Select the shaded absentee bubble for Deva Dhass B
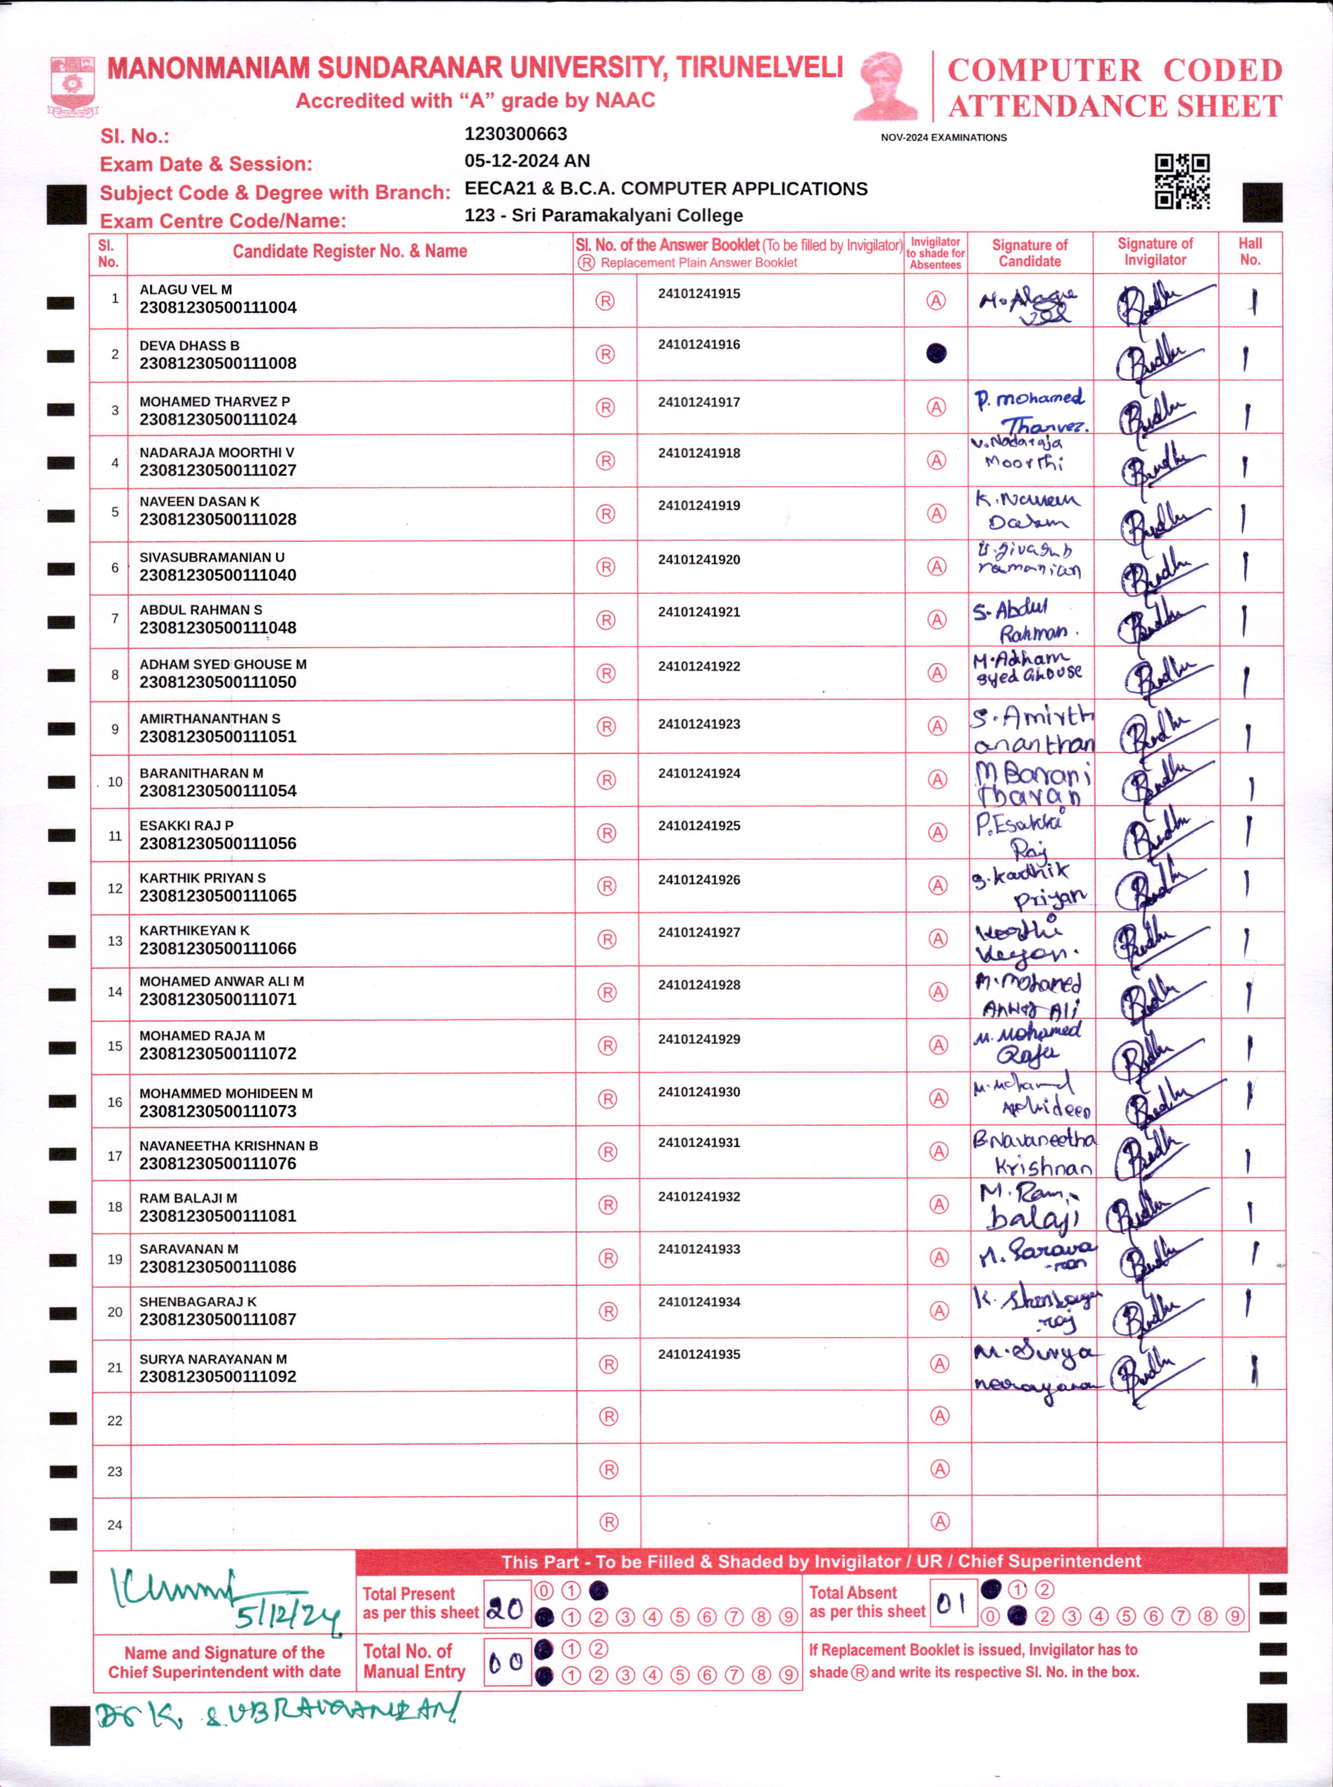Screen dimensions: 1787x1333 (936, 353)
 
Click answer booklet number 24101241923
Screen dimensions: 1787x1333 (699, 724)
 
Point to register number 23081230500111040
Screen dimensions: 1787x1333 (218, 575)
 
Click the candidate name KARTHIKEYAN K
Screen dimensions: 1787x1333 (194, 931)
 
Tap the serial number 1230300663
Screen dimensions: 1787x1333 (516, 134)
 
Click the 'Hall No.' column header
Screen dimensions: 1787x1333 (1250, 252)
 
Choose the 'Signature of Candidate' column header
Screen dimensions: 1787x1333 (1029, 253)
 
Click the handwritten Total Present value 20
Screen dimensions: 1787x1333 (506, 1610)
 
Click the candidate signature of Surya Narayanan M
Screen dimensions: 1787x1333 (1034, 1370)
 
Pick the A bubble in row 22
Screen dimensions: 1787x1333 (939, 1416)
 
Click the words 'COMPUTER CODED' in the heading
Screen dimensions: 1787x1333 (1114, 71)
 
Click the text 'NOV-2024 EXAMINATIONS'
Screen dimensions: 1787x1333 (943, 138)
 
